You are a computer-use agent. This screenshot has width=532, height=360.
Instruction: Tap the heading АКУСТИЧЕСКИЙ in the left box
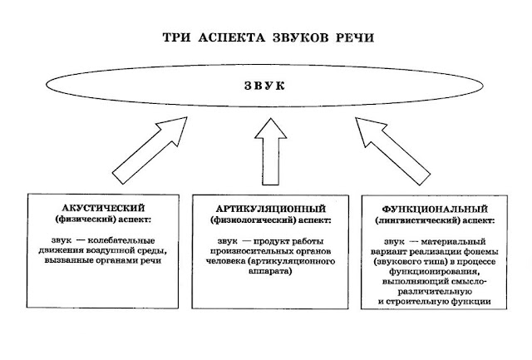(100, 207)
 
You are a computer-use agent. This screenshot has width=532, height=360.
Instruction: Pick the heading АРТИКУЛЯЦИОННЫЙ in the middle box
(266, 207)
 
